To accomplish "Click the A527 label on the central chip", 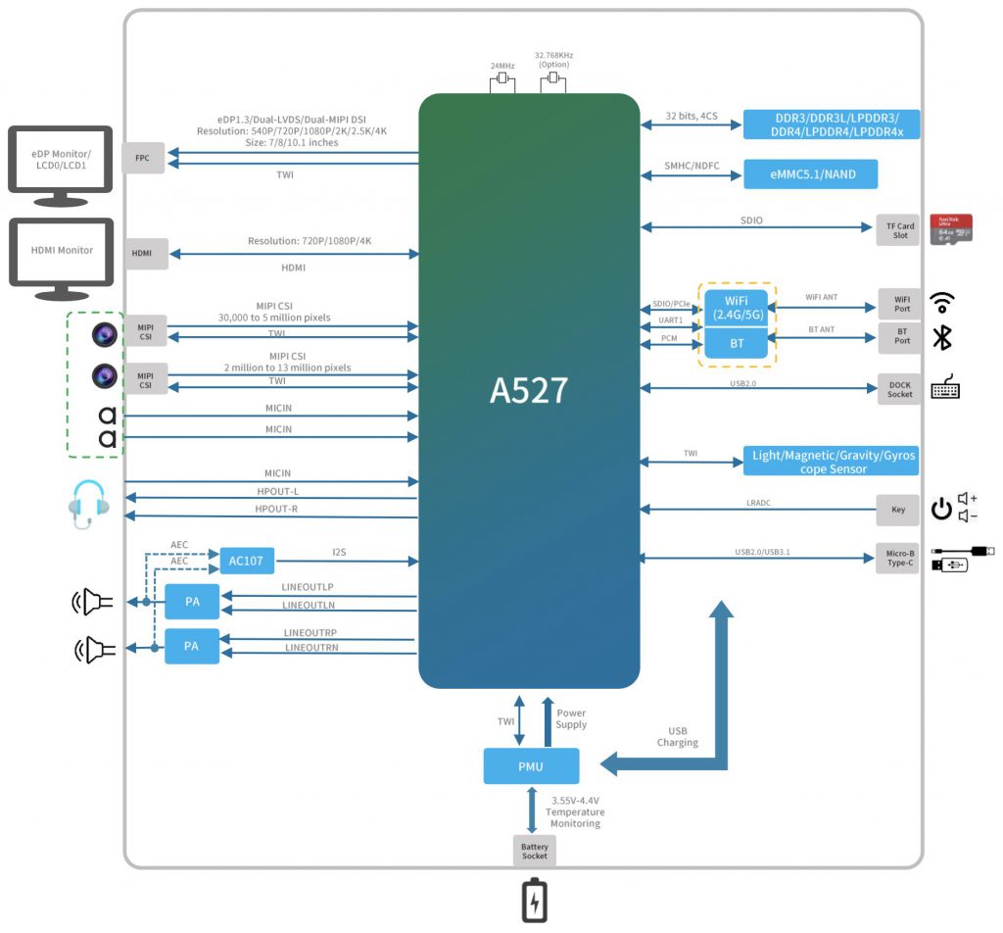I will (x=529, y=390).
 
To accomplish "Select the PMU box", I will (x=531, y=765).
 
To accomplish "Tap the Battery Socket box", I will (x=534, y=850).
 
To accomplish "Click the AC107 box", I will (x=247, y=561).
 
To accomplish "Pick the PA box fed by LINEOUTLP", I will (x=192, y=602).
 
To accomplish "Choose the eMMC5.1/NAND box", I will (x=810, y=174).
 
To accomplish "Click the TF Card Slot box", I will (x=899, y=230).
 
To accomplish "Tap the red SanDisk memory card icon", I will (x=950, y=229).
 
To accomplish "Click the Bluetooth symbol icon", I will (x=941, y=337).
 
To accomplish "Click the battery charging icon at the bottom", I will (x=534, y=902).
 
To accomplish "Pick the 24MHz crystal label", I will (x=502, y=66).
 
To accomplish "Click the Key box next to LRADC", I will (x=898, y=510).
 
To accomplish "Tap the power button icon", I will (x=940, y=510).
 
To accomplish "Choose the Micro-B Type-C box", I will (x=897, y=559).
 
